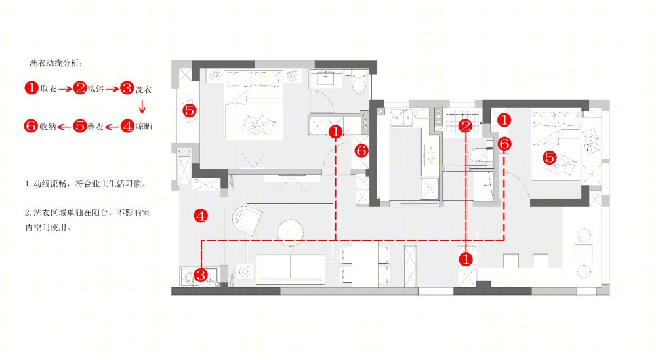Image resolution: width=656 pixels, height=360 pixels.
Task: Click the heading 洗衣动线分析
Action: click(x=56, y=63)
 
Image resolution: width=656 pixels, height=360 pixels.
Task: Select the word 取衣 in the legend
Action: click(x=49, y=89)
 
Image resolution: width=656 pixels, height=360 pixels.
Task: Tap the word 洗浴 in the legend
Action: click(x=96, y=89)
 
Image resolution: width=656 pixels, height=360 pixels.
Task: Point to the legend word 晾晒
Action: click(x=144, y=126)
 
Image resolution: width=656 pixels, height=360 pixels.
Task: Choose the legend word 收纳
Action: click(x=48, y=126)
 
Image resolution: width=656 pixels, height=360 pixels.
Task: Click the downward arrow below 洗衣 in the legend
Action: click(x=142, y=107)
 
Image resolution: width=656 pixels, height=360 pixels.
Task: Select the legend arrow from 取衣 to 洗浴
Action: click(x=65, y=89)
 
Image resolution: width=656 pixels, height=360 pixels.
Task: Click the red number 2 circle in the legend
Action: click(x=79, y=89)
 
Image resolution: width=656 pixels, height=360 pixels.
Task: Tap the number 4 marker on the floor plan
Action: click(x=201, y=216)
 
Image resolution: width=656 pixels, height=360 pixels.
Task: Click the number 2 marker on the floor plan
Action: click(x=465, y=126)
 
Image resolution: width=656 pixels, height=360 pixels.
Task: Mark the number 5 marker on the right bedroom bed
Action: click(x=550, y=157)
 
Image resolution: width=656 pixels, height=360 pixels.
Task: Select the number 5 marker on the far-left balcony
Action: click(x=190, y=111)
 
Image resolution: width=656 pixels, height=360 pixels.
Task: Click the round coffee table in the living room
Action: click(x=290, y=231)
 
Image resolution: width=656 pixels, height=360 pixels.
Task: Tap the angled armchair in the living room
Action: click(x=247, y=219)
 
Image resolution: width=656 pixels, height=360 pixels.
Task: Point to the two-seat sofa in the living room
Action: click(x=291, y=268)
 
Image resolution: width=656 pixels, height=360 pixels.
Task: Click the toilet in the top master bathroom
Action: click(x=359, y=85)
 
